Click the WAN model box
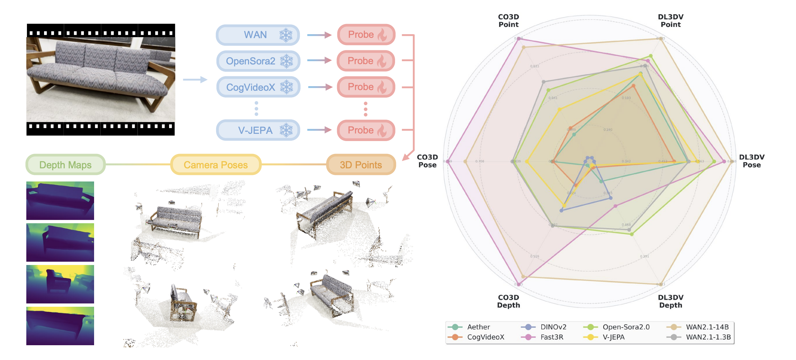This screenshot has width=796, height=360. tap(258, 35)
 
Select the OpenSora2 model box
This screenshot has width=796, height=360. tap(258, 61)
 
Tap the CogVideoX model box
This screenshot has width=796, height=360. tap(258, 87)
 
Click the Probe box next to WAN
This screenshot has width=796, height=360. tap(366, 35)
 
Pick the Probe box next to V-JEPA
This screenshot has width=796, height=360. tap(366, 130)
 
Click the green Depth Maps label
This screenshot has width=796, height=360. tap(65, 165)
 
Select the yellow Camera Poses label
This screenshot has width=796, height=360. tap(216, 165)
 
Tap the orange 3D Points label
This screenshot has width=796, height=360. tap(361, 165)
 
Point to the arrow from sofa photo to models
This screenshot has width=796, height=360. tap(195, 80)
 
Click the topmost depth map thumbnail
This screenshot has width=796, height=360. tap(60, 201)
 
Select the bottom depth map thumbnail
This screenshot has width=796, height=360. tap(60, 326)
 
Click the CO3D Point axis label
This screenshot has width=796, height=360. tap(508, 21)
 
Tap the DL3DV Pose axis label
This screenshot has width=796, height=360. tap(752, 161)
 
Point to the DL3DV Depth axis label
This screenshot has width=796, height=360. tap(670, 301)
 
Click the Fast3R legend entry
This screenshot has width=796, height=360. tap(551, 337)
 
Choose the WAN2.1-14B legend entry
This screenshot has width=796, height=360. tap(707, 327)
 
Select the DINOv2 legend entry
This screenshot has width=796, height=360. tap(553, 327)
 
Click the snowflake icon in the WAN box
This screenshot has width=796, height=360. tap(286, 35)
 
